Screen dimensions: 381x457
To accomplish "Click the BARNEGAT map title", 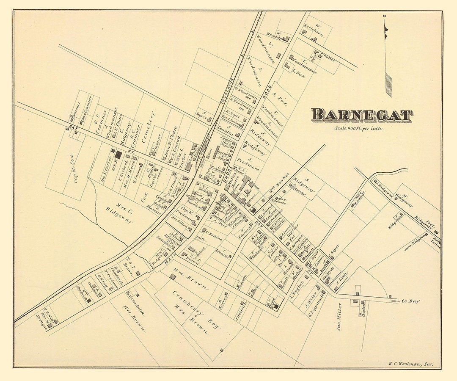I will click(362, 115).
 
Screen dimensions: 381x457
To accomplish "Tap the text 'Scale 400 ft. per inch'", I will click(359, 128).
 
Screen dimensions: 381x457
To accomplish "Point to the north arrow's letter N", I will click(384, 17).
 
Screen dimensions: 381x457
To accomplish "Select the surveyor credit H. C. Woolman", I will click(412, 364).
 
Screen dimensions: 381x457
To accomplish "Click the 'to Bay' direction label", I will click(410, 301).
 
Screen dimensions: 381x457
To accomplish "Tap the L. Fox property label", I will click(298, 75).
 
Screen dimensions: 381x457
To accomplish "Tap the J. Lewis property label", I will click(341, 279).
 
